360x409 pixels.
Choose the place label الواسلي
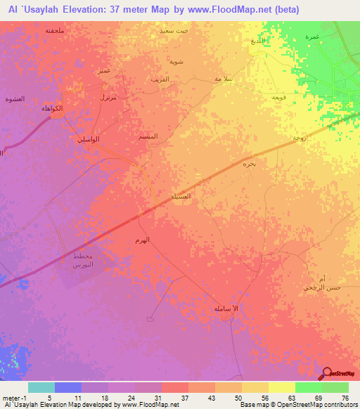pos(88,139)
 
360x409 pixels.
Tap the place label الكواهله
pos(53,109)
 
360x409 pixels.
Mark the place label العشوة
pos(14,99)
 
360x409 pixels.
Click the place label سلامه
pos(224,79)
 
